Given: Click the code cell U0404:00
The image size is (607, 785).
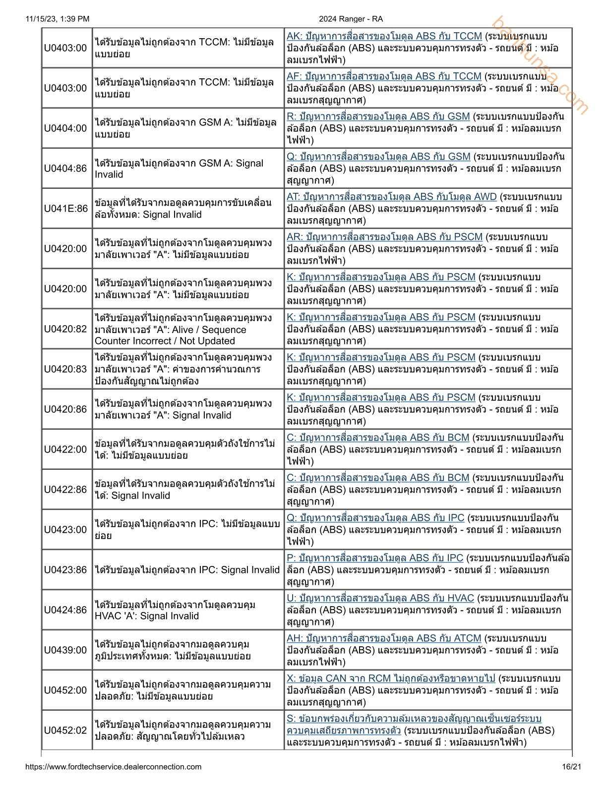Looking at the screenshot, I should click(x=65, y=128).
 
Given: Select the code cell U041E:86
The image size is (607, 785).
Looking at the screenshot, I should click(x=65, y=209).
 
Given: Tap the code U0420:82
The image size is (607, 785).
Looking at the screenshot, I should click(x=65, y=329).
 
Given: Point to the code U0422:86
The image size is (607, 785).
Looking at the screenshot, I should click(x=65, y=490).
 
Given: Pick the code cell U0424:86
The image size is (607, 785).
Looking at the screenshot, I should click(x=65, y=610).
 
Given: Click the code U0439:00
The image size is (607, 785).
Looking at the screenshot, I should click(x=65, y=650).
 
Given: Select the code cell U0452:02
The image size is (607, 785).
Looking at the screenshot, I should click(x=65, y=730).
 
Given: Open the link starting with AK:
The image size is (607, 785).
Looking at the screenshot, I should click(x=384, y=36).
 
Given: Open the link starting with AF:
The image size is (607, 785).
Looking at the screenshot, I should click(x=384, y=76).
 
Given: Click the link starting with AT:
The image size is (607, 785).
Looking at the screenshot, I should click(x=391, y=197).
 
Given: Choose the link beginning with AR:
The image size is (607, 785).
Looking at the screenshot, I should click(x=384, y=237).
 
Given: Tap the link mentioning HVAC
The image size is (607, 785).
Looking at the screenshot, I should click(x=380, y=598).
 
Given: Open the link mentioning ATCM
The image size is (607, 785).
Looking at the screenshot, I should click(x=384, y=638).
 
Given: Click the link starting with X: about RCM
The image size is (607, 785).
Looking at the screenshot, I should click(x=391, y=678).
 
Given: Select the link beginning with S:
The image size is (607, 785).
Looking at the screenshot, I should click(x=414, y=719).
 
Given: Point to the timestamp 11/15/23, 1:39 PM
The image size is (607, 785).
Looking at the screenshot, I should click(x=58, y=19).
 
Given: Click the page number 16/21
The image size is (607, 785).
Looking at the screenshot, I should click(x=571, y=767).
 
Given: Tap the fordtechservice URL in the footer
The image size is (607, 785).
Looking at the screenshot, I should click(x=113, y=767).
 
